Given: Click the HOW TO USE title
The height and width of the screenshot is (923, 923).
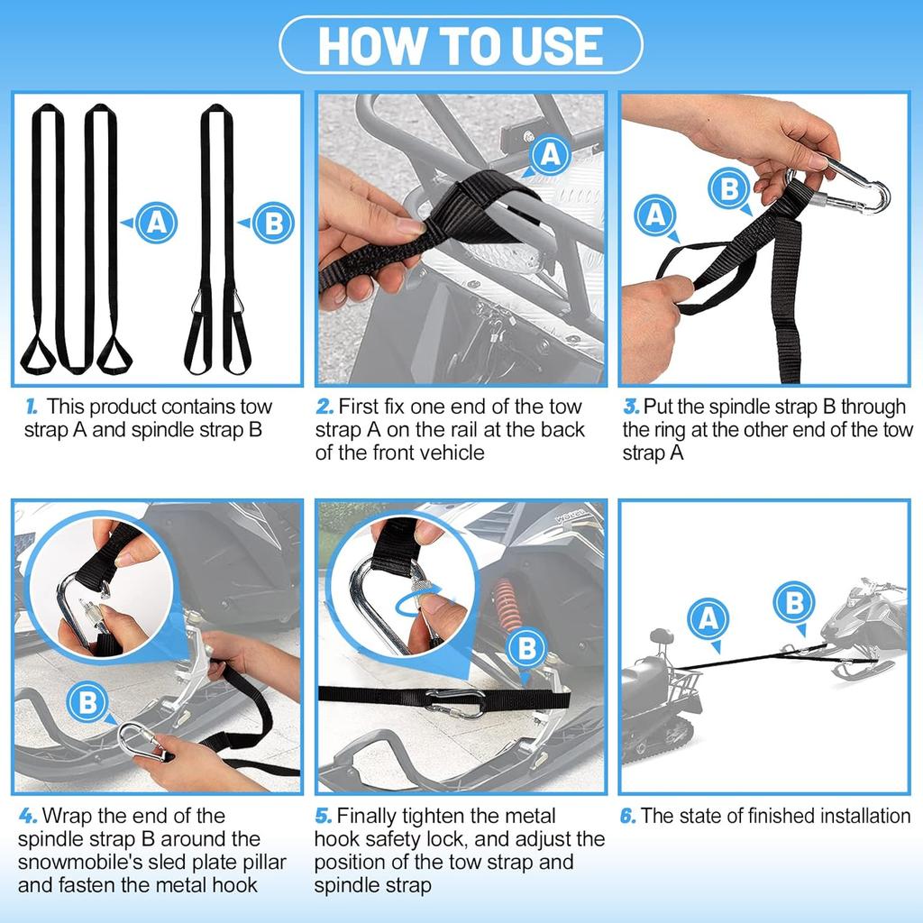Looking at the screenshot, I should [461, 45].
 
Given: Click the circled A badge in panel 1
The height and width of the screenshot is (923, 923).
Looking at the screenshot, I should [156, 223].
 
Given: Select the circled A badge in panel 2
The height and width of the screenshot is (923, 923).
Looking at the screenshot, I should [549, 157].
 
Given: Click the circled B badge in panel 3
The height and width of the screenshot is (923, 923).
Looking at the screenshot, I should [728, 189].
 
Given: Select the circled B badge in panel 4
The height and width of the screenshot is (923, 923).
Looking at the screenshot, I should [87, 702].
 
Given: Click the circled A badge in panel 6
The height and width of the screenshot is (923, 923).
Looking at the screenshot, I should [708, 618].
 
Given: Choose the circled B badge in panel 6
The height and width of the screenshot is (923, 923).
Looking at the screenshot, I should [794, 601].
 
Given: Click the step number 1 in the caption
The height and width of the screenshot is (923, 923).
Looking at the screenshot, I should [32, 407].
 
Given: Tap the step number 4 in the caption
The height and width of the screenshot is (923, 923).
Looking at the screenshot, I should [28, 816].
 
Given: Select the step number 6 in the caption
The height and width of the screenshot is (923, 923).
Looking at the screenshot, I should [628, 816].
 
